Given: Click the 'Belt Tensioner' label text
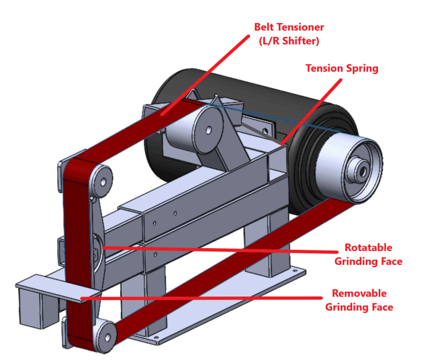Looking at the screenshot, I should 289,27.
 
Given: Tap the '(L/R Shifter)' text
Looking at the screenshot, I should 289,42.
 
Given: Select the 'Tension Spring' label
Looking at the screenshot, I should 342,68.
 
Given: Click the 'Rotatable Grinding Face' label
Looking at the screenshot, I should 368,254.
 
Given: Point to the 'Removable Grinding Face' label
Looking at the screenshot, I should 359,300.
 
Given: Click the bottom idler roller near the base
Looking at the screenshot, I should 104,334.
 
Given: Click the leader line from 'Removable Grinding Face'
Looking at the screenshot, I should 202,298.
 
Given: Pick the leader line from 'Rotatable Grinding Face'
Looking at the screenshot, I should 219,250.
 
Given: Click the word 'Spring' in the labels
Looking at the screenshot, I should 362,68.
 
